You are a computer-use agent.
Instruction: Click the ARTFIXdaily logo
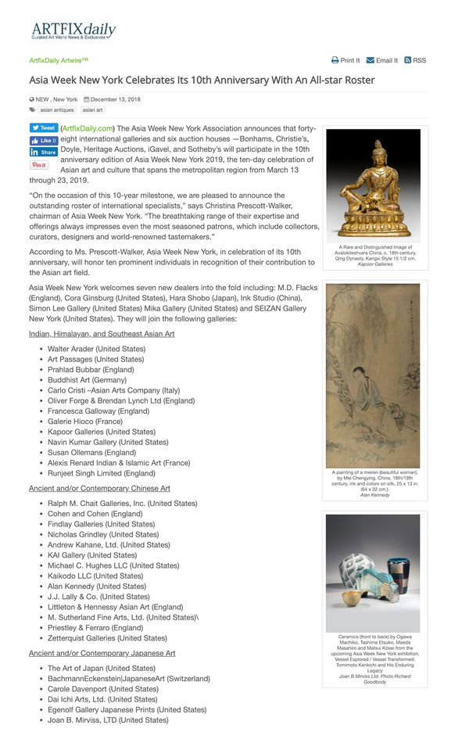tap(73, 31)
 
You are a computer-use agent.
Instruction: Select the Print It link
tap(345, 60)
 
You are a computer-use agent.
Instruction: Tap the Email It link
tap(382, 60)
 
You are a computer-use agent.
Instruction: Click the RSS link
tap(415, 60)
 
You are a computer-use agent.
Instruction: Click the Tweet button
tap(43, 128)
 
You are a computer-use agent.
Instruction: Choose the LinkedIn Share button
tap(43, 153)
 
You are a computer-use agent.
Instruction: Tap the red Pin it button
tap(38, 165)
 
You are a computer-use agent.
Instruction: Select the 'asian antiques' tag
tap(57, 110)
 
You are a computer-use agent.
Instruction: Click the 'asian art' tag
tap(92, 110)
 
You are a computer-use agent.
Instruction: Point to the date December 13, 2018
tap(116, 99)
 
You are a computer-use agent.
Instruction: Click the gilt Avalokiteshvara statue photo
tap(373, 185)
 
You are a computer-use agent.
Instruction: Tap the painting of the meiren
tap(373, 375)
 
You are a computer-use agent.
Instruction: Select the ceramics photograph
tap(373, 573)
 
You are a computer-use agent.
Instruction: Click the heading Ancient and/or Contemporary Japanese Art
tap(102, 653)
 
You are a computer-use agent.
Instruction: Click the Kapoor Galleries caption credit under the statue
tap(375, 264)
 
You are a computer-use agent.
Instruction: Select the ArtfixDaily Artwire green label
tap(59, 60)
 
